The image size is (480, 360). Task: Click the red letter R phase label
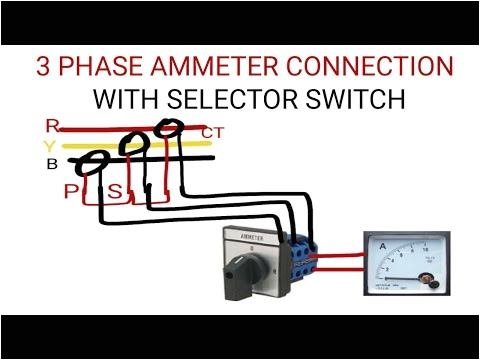point(52,126)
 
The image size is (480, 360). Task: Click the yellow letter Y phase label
point(50,145)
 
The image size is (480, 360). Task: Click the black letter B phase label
point(51,164)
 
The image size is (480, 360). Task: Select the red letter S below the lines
point(115,190)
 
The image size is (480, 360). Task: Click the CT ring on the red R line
point(171,129)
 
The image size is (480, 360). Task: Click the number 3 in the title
point(44,68)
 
